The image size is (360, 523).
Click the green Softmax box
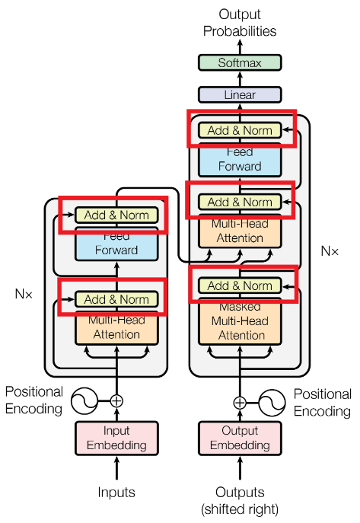[239, 63]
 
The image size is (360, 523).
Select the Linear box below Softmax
[239, 95]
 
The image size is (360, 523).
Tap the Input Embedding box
[116, 438]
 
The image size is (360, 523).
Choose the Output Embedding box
[240, 438]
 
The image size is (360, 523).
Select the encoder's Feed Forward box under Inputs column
[116, 244]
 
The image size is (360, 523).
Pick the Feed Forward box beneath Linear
[240, 159]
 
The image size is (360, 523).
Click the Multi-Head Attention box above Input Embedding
[116, 327]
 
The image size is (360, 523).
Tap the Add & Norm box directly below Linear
[240, 130]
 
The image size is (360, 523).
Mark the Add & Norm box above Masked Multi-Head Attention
[240, 286]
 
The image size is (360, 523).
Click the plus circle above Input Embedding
[116, 400]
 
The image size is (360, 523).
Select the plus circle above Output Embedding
[240, 403]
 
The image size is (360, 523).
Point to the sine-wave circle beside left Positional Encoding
[84, 400]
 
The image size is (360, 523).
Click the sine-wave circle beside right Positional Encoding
[272, 403]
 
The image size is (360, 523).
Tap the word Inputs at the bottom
[116, 493]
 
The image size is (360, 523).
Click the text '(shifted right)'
[240, 509]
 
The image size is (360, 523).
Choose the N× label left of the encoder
[24, 292]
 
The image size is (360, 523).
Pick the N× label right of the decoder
[330, 250]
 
